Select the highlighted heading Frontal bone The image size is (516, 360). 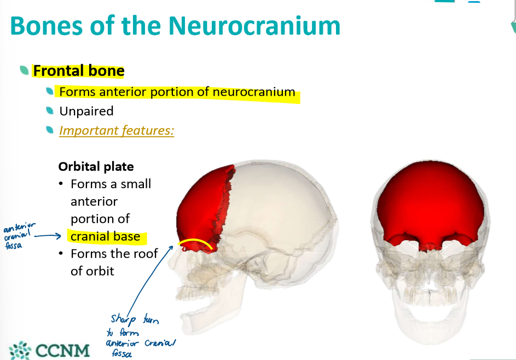point(79,71)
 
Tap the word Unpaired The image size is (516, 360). point(86,111)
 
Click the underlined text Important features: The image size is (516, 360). point(117,131)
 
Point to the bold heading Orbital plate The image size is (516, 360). point(96,166)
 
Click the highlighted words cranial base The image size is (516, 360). point(105,236)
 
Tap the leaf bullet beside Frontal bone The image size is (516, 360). point(24,70)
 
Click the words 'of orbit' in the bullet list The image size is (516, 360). point(92,271)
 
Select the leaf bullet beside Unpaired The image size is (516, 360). point(50,111)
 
